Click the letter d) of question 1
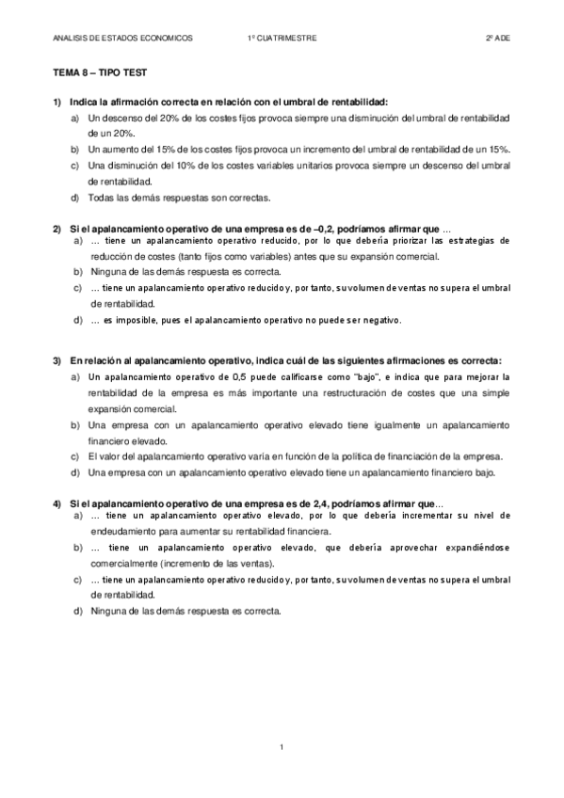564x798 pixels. click(x=75, y=198)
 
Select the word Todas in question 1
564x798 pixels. click(x=102, y=198)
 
